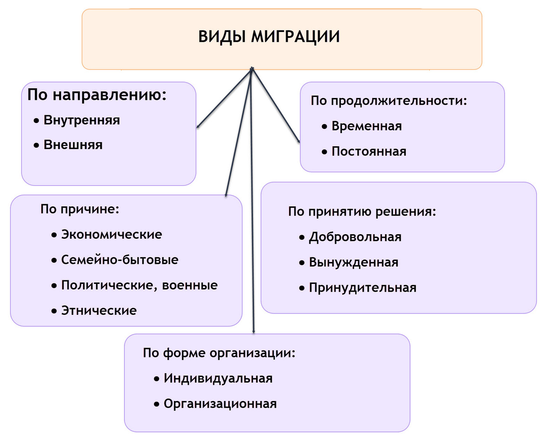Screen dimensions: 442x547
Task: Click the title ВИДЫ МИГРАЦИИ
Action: point(269,36)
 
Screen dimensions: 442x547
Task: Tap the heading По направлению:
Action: point(96,95)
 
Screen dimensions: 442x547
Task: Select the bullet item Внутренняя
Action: point(82,121)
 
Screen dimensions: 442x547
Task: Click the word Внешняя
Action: point(73,145)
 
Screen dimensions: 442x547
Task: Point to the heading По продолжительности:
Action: point(389,101)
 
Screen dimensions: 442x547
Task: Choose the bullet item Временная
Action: point(366,126)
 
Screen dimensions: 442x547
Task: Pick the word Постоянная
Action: point(369,151)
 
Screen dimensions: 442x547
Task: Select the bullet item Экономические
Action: point(112,235)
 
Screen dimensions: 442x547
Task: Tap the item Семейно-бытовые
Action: point(120,260)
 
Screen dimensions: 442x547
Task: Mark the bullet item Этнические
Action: point(99,311)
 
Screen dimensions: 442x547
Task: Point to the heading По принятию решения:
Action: point(362,212)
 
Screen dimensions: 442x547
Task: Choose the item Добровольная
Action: point(355,237)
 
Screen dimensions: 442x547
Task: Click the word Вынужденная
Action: point(354,262)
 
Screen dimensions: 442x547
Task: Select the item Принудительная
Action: point(362,288)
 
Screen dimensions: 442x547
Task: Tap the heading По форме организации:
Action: point(219,353)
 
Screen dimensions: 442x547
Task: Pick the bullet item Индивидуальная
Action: point(218,379)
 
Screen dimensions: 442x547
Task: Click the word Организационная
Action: point(220,404)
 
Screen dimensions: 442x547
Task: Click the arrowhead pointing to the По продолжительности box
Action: point(299,141)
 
